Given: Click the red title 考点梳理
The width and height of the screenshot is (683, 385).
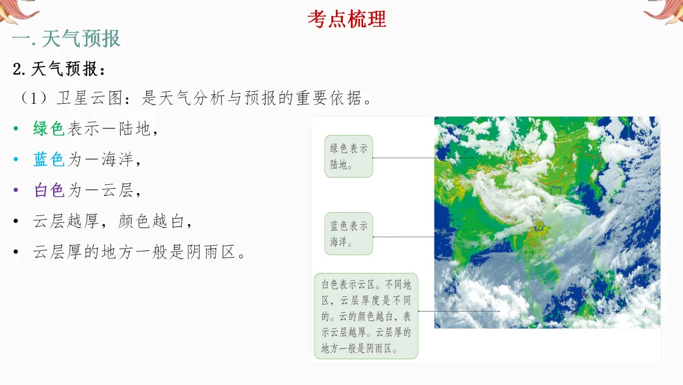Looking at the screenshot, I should pos(347,18).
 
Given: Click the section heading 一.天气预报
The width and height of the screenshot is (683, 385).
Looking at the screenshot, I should pos(66,39).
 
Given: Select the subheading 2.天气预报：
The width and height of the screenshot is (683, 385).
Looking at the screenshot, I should pos(60,69).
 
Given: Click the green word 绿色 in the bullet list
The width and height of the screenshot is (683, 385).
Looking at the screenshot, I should pos(49,129).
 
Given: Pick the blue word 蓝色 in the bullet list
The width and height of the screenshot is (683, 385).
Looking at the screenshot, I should pos(49,159).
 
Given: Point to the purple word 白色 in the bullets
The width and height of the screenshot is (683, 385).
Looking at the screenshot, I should pos(49,189).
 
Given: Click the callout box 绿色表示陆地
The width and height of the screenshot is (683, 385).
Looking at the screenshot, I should pos(348,156).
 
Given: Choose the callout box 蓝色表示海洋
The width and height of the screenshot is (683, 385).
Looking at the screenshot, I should pos(348,233).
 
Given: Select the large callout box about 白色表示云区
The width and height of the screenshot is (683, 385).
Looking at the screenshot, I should pos(366,316).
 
